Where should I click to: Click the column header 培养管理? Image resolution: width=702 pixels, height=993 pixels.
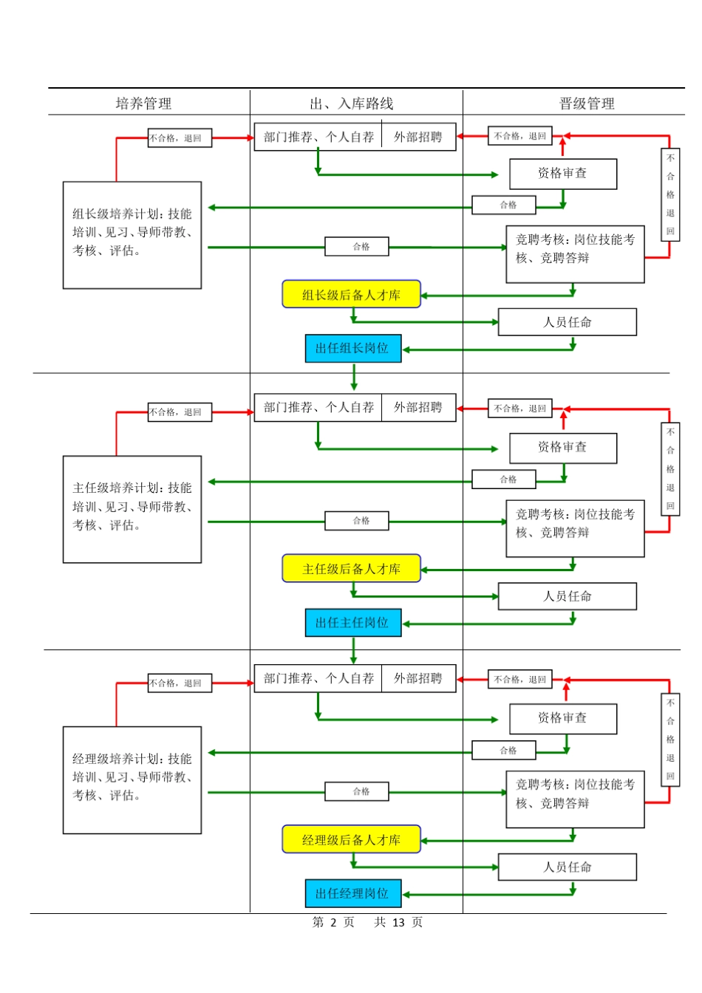click(x=143, y=103)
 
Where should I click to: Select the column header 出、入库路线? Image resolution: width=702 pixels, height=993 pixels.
click(x=352, y=103)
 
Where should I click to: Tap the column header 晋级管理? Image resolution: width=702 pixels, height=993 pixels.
click(x=587, y=103)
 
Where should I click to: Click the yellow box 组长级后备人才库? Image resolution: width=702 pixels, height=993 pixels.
click(x=351, y=294)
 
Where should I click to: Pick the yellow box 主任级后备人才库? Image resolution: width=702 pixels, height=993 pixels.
click(x=351, y=569)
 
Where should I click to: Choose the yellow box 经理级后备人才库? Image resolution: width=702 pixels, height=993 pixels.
click(x=351, y=839)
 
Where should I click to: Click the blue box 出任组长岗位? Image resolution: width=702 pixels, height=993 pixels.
click(x=352, y=348)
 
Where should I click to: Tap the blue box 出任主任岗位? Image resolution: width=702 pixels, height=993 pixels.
click(x=352, y=622)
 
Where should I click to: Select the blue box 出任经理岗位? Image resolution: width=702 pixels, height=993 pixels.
click(x=352, y=893)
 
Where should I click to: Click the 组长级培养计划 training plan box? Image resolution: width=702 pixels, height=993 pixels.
click(x=132, y=235)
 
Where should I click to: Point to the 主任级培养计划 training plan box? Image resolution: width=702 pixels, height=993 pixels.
click(x=132, y=509)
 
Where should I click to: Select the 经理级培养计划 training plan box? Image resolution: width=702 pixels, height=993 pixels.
click(x=132, y=779)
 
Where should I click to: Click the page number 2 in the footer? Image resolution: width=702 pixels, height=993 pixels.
click(x=333, y=922)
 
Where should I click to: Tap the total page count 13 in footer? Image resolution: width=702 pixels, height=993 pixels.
click(x=398, y=922)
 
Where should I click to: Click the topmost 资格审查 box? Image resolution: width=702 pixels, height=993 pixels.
click(x=562, y=174)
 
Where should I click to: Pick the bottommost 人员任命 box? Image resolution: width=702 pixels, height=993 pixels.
click(x=567, y=867)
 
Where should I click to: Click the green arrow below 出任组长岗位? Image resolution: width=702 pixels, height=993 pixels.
click(x=354, y=377)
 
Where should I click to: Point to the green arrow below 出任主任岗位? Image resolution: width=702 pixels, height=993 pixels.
click(x=354, y=650)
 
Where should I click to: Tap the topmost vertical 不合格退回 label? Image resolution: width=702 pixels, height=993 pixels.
click(x=670, y=194)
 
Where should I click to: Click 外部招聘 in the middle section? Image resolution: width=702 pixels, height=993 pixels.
click(x=418, y=407)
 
